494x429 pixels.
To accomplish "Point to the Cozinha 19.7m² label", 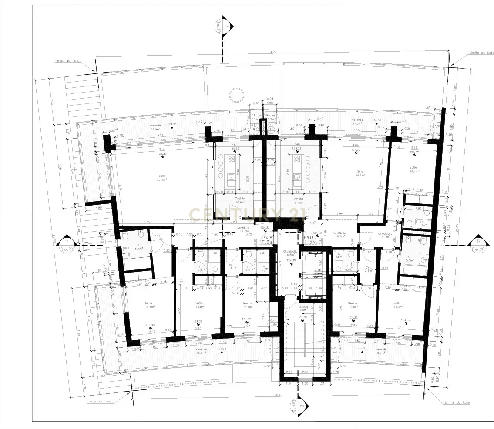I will (x=298, y=200).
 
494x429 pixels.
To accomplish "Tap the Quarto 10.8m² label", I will (x=352, y=305).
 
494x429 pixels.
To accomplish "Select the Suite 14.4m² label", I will (x=413, y=169).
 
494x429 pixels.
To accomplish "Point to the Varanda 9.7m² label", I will (x=381, y=351).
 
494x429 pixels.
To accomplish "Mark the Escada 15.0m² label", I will (x=303, y=308).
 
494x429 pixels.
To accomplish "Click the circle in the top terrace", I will (x=236, y=94).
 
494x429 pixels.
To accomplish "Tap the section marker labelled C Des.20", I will (x=67, y=244).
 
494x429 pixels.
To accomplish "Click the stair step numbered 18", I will (x=323, y=322).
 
